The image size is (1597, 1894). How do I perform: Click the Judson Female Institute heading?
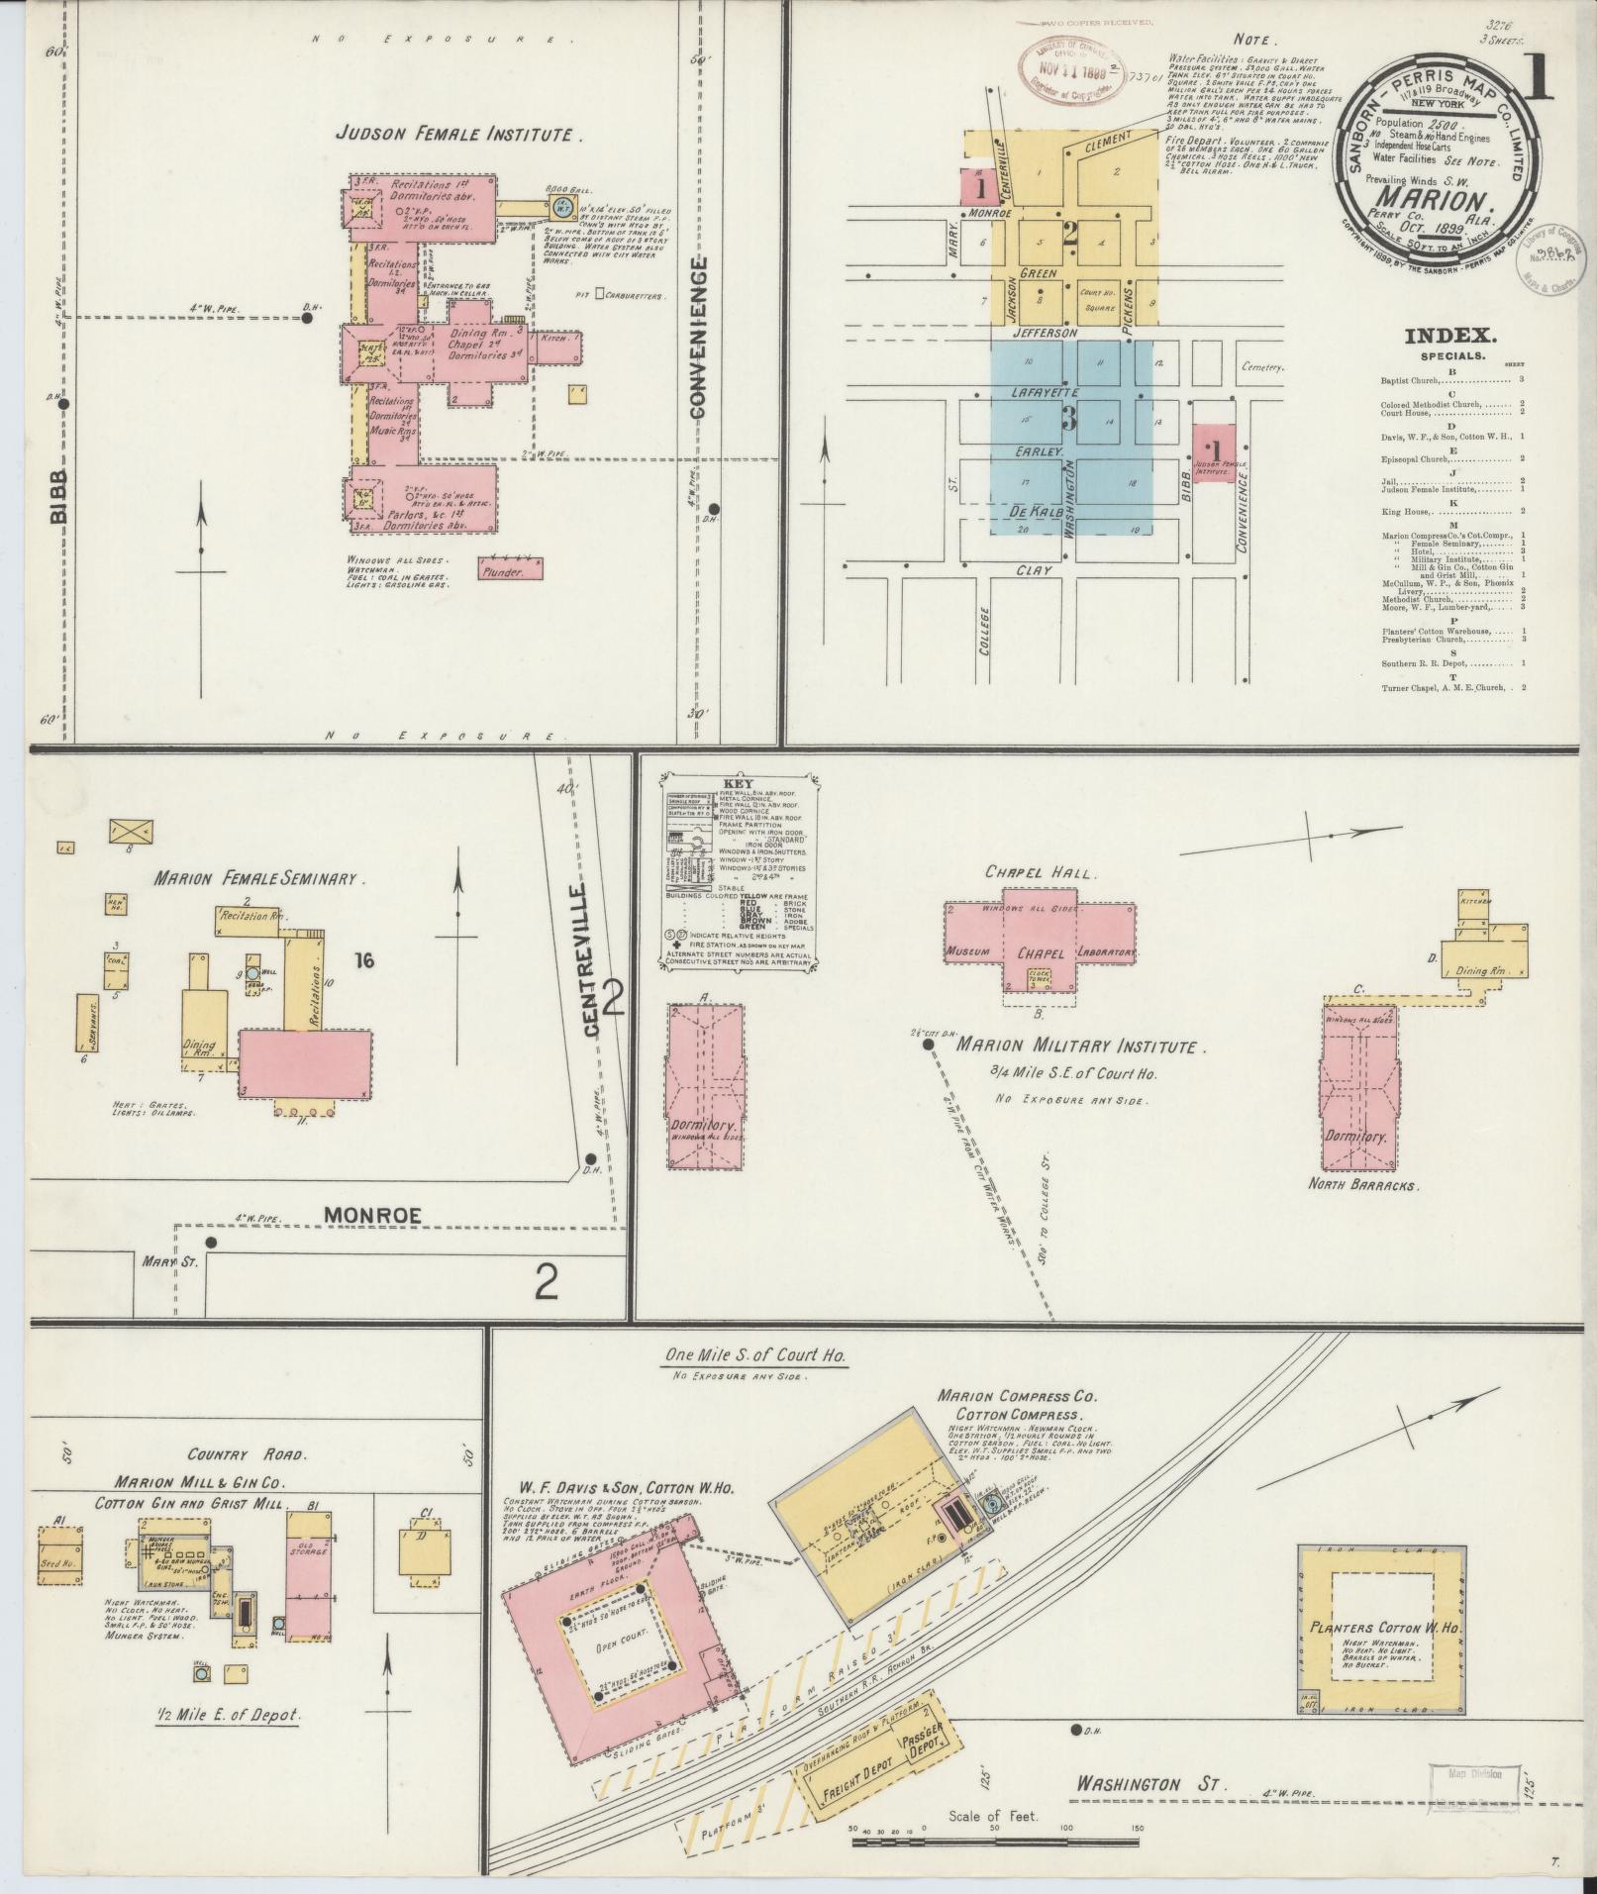click(456, 134)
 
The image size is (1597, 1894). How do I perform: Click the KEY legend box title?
click(738, 780)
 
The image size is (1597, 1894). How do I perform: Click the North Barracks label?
click(1363, 1184)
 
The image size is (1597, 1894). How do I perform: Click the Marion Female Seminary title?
click(260, 878)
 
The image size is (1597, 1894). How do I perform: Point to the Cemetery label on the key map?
click(1260, 367)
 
